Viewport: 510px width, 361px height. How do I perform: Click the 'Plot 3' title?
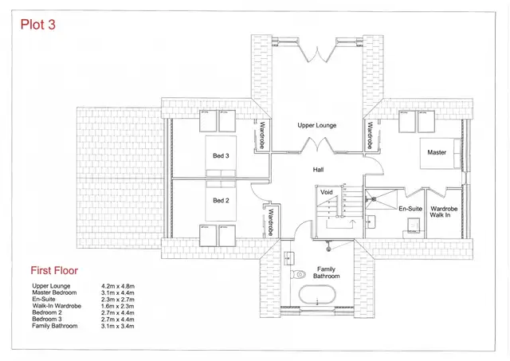tap(37, 25)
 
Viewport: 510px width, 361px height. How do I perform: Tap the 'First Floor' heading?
tap(54, 271)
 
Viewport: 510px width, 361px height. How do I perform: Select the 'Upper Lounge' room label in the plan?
tap(317, 125)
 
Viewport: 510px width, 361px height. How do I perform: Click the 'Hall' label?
tap(318, 170)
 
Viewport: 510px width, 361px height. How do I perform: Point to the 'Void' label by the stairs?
tap(326, 192)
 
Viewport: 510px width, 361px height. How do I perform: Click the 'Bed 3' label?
tap(221, 155)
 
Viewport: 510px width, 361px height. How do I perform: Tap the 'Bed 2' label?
tap(221, 201)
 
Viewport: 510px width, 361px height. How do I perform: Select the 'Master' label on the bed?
tap(437, 152)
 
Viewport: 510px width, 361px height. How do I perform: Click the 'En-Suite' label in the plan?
tap(410, 209)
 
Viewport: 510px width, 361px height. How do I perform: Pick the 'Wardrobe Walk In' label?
tap(444, 212)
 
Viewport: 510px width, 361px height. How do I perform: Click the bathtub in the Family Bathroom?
tap(317, 295)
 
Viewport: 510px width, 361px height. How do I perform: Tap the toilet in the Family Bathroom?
tap(298, 274)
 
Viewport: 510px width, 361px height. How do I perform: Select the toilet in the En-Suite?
tap(413, 226)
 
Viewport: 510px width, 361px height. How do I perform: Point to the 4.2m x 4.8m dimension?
tap(118, 287)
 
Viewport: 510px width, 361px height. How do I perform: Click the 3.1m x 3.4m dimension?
tap(117, 326)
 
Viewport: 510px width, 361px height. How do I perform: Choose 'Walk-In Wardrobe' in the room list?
tap(57, 306)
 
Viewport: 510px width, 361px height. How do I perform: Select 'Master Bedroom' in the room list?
tap(54, 292)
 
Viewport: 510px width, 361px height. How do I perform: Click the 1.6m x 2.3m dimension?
tap(117, 306)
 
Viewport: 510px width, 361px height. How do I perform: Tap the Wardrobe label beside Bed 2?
tap(271, 222)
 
